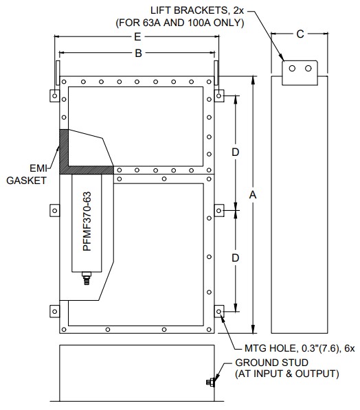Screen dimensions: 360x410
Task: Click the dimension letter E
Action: click(137, 36)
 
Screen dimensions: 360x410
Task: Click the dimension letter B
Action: click(138, 53)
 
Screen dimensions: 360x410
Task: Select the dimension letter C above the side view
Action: click(300, 34)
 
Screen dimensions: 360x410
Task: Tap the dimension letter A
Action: click(253, 194)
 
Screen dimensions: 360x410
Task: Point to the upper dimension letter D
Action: click(236, 152)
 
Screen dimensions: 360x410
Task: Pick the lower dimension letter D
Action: click(236, 258)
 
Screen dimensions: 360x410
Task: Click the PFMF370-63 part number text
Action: click(87, 221)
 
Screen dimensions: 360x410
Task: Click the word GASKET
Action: click(26, 181)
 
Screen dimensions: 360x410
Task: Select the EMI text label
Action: click(38, 168)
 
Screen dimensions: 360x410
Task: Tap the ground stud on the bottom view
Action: click(211, 383)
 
